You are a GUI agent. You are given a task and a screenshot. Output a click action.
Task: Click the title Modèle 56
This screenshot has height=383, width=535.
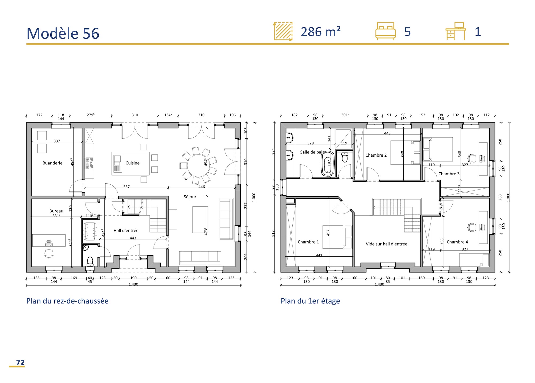tap(63, 34)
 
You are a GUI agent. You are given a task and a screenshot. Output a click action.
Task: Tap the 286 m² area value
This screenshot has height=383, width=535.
tap(320, 32)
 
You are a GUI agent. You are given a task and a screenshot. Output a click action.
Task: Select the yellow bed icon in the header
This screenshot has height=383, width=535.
tap(385, 31)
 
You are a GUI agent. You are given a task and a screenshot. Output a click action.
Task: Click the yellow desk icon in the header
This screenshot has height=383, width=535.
tap(456, 31)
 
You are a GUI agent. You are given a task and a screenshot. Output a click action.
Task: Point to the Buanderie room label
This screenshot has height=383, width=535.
tap(52, 163)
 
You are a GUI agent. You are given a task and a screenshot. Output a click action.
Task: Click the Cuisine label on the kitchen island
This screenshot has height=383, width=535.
tap(132, 163)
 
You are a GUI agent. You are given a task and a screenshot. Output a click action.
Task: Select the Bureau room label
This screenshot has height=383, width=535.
tap(56, 211)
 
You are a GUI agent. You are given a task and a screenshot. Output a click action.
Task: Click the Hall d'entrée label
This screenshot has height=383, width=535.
tap(126, 230)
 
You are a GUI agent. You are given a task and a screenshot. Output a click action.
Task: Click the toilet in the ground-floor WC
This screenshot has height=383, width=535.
tap(90, 261)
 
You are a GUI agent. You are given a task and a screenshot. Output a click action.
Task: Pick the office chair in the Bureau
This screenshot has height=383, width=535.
tap(49, 253)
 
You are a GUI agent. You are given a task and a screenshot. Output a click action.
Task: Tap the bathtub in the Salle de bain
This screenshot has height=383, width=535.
tap(328, 164)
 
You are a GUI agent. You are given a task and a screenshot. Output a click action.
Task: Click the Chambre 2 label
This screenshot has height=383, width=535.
tap(376, 155)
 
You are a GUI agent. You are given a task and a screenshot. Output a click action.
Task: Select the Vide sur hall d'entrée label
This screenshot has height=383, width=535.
tap(386, 244)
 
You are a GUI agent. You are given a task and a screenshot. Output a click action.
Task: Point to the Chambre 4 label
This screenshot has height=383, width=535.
tap(457, 242)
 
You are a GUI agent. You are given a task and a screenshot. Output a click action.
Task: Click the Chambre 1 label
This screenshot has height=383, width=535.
tap(308, 242)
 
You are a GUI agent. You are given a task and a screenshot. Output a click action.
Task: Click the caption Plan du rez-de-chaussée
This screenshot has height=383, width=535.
tap(67, 301)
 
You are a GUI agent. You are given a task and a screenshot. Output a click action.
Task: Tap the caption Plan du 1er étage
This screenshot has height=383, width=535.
tap(310, 301)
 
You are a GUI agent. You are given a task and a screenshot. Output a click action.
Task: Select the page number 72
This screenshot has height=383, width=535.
tap(20, 362)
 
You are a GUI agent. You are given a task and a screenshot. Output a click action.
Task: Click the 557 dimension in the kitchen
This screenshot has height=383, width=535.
tap(127, 187)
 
